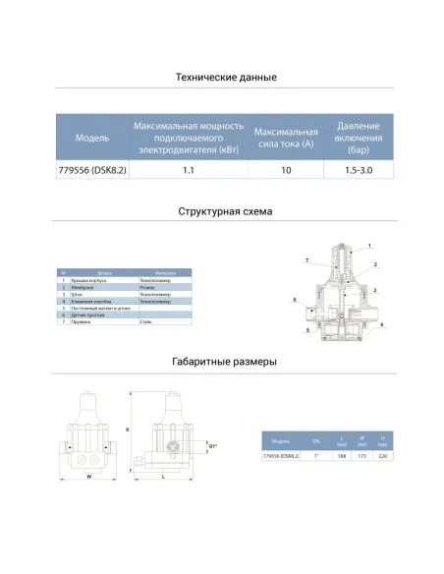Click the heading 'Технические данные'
(225, 77)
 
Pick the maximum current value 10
(286, 171)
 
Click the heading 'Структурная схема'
(225, 211)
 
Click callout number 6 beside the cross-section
(295, 298)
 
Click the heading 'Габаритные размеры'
(225, 362)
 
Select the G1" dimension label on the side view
(213, 448)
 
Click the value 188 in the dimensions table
(341, 456)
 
